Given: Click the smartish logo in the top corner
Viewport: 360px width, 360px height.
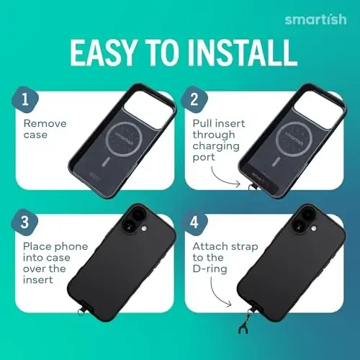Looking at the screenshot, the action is (x=315, y=19).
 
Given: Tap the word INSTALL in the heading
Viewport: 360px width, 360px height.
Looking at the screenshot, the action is (x=242, y=53).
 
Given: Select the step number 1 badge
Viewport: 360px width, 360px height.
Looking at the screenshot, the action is (x=25, y=99).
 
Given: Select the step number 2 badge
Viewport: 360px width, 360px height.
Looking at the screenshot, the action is (x=194, y=99).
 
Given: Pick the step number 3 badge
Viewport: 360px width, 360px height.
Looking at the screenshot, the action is (x=24, y=222).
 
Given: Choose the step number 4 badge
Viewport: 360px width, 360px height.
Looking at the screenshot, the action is (x=194, y=222).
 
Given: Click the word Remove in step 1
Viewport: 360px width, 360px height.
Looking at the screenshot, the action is (x=45, y=124).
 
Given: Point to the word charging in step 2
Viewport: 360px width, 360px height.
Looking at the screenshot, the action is (x=216, y=146).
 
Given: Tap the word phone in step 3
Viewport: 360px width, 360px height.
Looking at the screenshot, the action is (x=71, y=247).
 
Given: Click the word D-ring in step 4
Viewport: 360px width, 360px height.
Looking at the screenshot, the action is (x=210, y=269).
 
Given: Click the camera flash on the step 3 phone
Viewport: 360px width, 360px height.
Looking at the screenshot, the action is (x=144, y=229).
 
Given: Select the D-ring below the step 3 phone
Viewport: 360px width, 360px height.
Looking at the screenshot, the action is (x=81, y=311).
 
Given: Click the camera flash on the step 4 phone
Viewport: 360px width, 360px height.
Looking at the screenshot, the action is (x=313, y=229).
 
